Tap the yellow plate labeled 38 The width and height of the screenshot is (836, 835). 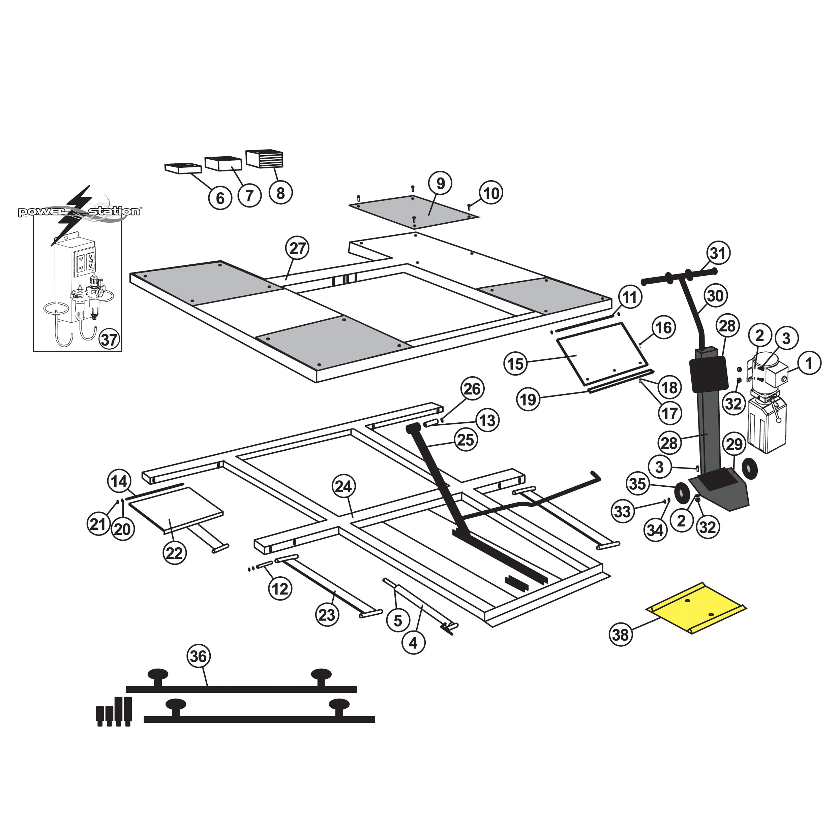696,608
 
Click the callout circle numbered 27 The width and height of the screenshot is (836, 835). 297,248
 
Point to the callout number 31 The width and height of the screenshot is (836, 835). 718,253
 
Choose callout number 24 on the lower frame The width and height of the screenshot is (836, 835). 344,486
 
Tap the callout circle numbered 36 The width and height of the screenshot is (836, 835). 199,656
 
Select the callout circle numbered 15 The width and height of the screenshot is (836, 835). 515,364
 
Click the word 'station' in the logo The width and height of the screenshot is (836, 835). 114,212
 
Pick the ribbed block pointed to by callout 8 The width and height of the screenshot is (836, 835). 264,158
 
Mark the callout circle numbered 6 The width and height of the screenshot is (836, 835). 220,198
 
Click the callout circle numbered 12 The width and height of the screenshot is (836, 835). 280,588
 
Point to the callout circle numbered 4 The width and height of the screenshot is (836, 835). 413,643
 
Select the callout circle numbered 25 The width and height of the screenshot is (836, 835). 466,440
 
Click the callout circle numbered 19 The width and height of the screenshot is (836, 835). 528,399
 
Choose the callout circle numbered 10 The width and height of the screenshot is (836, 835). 491,193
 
